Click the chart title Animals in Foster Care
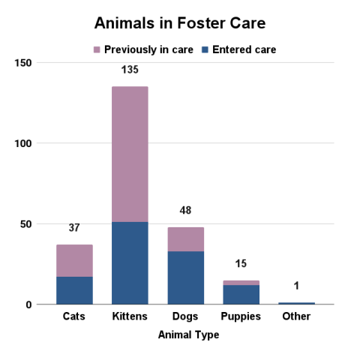pyautogui.click(x=180, y=22)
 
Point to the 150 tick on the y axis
pyautogui.click(x=23, y=62)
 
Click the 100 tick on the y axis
pyautogui.click(x=23, y=143)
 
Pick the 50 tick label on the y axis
pyautogui.click(x=26, y=223)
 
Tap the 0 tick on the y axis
pyautogui.click(x=29, y=304)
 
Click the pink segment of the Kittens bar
pyautogui.click(x=130, y=154)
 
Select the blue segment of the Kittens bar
pyautogui.click(x=130, y=262)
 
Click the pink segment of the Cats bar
pyautogui.click(x=74, y=260)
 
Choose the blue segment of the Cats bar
pyautogui.click(x=74, y=290)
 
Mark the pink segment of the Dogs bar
pyautogui.click(x=185, y=238)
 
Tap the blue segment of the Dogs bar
pyautogui.click(x=185, y=277)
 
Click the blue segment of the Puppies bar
pyautogui.click(x=241, y=295)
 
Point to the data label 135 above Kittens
pyautogui.click(x=130, y=70)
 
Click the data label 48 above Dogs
pyautogui.click(x=185, y=211)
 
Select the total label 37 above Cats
pyautogui.click(x=74, y=228)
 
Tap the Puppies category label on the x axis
pyautogui.click(x=241, y=316)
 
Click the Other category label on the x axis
pyautogui.click(x=296, y=316)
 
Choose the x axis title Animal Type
pyautogui.click(x=188, y=335)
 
